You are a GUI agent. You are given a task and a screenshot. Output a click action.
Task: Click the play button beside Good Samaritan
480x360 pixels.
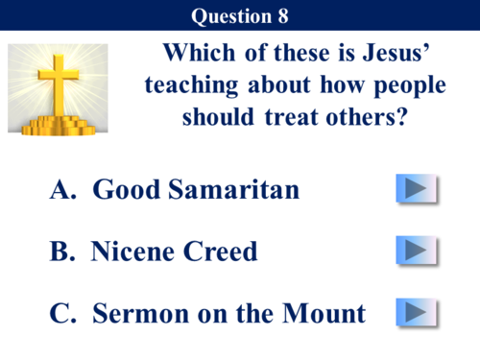(416, 189)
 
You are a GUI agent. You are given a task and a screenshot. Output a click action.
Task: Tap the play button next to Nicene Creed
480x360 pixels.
(416, 251)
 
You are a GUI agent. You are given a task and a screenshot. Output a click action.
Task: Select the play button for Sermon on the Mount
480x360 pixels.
(416, 312)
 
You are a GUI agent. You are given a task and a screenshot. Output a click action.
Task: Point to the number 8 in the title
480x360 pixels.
(280, 15)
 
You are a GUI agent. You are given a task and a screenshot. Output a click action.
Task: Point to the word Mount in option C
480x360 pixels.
(325, 313)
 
